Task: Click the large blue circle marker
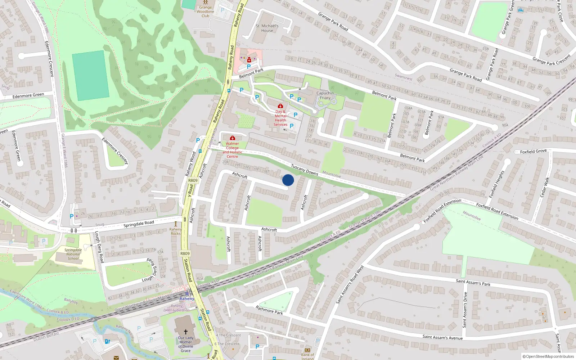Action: coord(288,180)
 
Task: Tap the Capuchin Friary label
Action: coord(325,95)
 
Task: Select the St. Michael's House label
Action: coord(267,28)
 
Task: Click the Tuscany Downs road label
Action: coord(305,170)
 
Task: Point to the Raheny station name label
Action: coord(187,299)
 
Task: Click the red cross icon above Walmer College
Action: coord(233,138)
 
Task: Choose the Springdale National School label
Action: coord(73,254)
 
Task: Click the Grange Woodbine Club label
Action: coord(206,12)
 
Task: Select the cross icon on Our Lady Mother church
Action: coord(186,332)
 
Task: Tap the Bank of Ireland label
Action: coord(307,356)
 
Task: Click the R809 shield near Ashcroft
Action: coord(193,180)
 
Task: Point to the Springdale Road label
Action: coord(139,224)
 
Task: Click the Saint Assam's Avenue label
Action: coord(442,337)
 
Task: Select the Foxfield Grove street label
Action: coord(533,151)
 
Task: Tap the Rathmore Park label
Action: coord(269,310)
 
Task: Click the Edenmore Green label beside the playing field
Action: coord(28,95)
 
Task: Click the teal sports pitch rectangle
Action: coord(90,75)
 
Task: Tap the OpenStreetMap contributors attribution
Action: coord(548,357)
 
